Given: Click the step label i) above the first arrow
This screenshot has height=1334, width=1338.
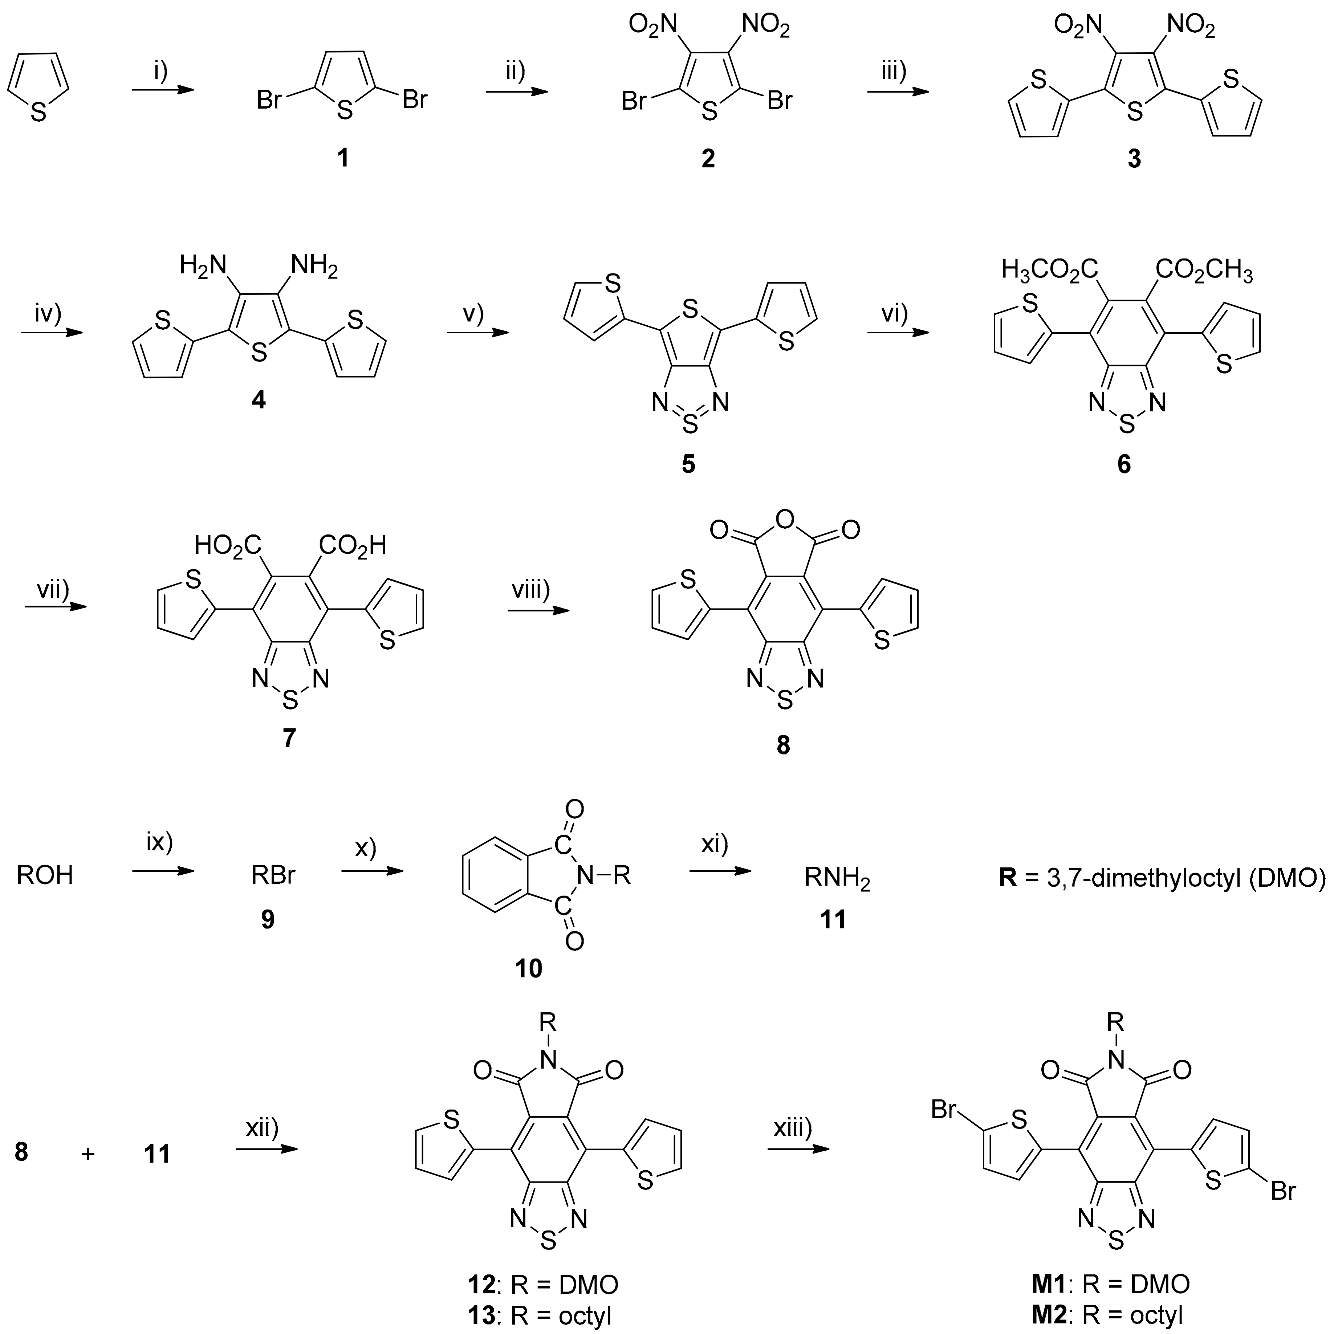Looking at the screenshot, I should tap(161, 71).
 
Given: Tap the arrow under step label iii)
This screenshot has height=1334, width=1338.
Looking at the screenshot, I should tap(898, 91).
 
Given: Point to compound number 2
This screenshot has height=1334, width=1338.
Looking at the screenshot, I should tap(708, 159).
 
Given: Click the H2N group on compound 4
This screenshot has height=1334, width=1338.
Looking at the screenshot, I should tap(203, 265).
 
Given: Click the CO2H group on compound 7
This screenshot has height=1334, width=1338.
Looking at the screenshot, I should tap(352, 545).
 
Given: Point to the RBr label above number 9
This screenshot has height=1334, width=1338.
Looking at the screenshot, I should tap(273, 875).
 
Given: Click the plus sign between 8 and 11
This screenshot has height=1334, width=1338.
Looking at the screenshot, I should tap(88, 1154).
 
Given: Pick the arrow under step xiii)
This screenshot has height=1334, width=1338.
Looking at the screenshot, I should tap(798, 1150).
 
